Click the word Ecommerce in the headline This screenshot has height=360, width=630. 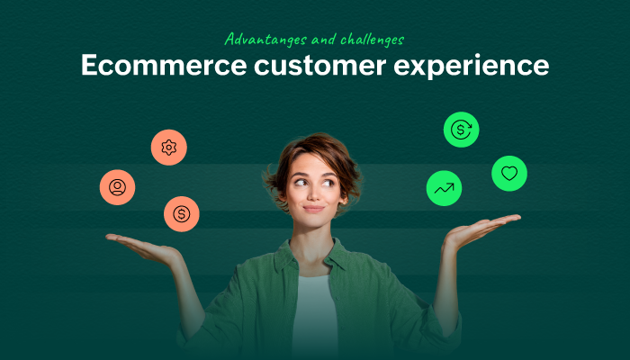pyautogui.click(x=164, y=65)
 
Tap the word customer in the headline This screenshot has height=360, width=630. pyautogui.click(x=319, y=66)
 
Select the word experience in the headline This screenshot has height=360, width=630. pyautogui.click(x=471, y=67)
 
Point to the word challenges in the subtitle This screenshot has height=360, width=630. pyautogui.click(x=372, y=40)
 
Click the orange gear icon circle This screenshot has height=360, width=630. pyautogui.click(x=169, y=148)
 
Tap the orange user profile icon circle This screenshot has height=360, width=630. pyautogui.click(x=117, y=187)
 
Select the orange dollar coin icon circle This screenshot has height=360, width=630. pyautogui.click(x=182, y=214)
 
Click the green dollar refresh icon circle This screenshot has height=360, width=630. pyautogui.click(x=461, y=130)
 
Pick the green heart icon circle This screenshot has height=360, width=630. pyautogui.click(x=509, y=174)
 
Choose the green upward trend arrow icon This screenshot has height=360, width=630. pyautogui.click(x=444, y=188)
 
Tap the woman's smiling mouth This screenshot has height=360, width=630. pyautogui.click(x=313, y=209)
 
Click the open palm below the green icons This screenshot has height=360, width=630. pyautogui.click(x=481, y=230)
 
